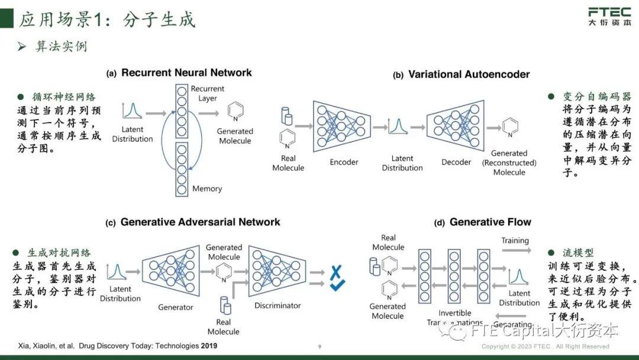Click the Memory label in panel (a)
(206, 189)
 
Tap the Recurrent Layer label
(207, 94)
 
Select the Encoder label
(344, 162)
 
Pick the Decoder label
(456, 162)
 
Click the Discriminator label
(277, 306)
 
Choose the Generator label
(175, 307)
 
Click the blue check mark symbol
(337, 287)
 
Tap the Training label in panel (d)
(515, 240)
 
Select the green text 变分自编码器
(596, 97)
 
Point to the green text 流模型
(577, 253)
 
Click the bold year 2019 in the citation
(209, 346)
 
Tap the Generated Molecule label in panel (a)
(234, 136)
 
